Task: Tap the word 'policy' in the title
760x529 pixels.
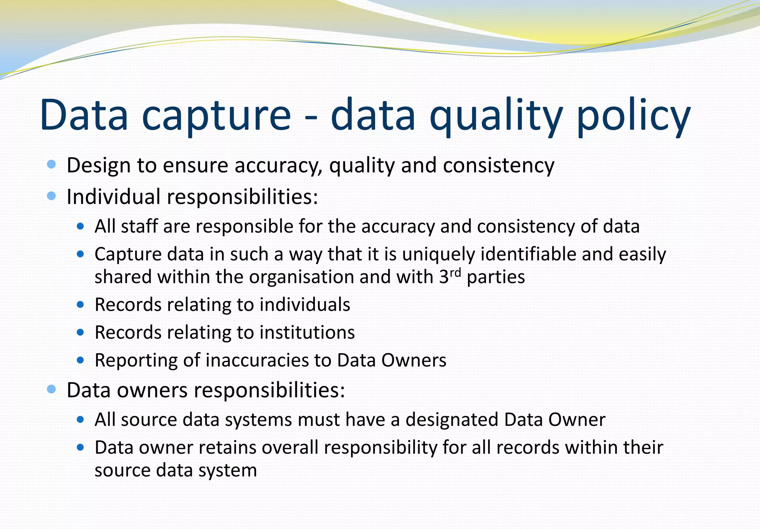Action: point(633,116)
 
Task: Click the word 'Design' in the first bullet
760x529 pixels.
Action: point(98,166)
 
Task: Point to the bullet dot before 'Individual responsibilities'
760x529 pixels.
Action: point(52,195)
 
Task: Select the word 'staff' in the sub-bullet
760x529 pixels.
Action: point(139,226)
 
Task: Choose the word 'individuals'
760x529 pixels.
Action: point(305,305)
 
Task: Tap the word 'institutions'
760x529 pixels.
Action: point(307,332)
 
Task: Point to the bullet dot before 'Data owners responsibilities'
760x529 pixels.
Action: point(52,389)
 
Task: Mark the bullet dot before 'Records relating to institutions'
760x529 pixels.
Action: point(81,332)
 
